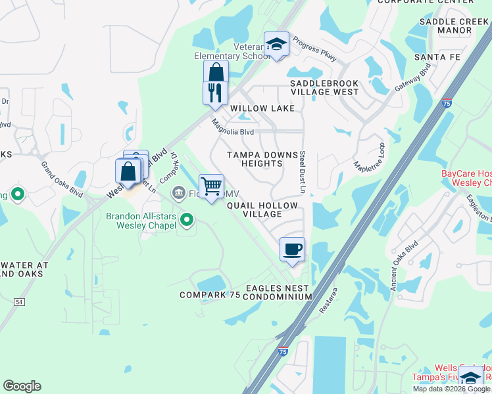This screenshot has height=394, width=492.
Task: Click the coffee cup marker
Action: coord(292,250)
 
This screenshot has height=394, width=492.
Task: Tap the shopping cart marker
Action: coord(211,186)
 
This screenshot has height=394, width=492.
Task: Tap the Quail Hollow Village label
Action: coord(262,209)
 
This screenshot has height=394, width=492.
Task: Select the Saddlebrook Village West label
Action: coord(324,88)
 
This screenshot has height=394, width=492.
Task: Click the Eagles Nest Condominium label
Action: coord(278,292)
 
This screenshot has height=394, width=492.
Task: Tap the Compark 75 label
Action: coord(210,295)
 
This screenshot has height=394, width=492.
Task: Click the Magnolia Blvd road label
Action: coord(233,126)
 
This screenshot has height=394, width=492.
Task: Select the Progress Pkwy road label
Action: coord(314,49)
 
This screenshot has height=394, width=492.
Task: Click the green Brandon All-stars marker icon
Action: coord(187,220)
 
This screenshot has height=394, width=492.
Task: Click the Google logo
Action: coord(22,386)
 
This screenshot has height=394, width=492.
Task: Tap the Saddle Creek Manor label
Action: coord(454,26)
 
